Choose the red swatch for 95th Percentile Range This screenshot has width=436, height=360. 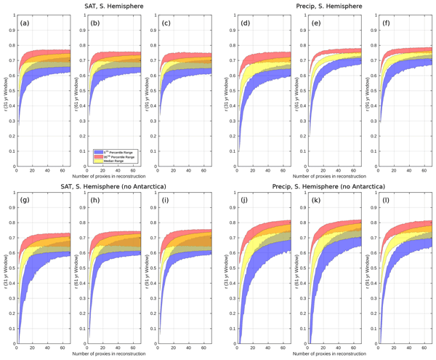[95, 154]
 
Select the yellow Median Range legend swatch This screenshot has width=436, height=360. [95, 160]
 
